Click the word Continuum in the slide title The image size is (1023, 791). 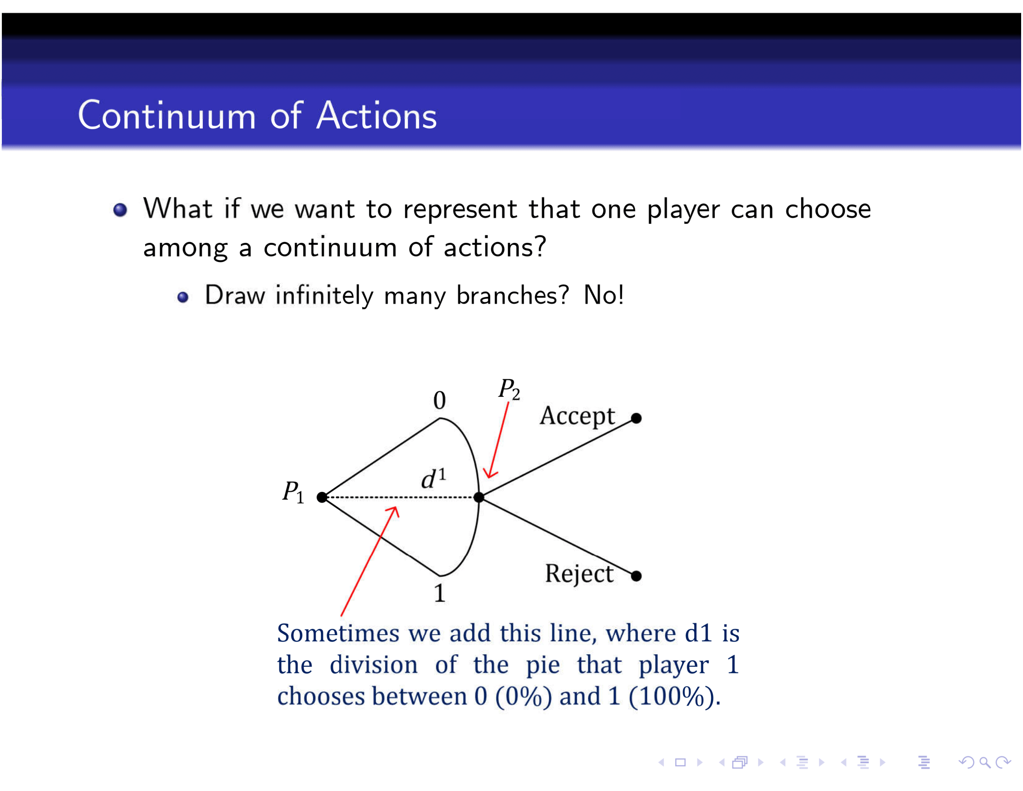[x=167, y=115]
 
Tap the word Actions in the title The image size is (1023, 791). [x=376, y=115]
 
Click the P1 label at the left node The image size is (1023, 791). [x=293, y=492]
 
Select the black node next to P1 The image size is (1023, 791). [x=322, y=497]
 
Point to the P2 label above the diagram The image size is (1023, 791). [x=509, y=390]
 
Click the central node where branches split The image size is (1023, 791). [x=478, y=497]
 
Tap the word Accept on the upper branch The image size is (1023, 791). [x=577, y=416]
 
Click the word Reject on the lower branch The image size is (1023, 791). [x=579, y=574]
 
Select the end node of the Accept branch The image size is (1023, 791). [x=636, y=418]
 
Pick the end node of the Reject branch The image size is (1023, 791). [x=636, y=576]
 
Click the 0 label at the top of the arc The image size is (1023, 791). [x=439, y=400]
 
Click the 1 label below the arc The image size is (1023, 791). [x=439, y=593]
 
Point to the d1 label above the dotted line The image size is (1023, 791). [x=433, y=478]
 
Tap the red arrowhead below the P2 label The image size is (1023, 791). [x=490, y=472]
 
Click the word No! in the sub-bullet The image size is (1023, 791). [x=604, y=295]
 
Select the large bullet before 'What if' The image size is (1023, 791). [x=120, y=209]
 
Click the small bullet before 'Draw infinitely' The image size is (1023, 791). [x=183, y=297]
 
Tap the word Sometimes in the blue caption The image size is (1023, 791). [x=338, y=633]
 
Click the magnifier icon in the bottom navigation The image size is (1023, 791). [x=984, y=763]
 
